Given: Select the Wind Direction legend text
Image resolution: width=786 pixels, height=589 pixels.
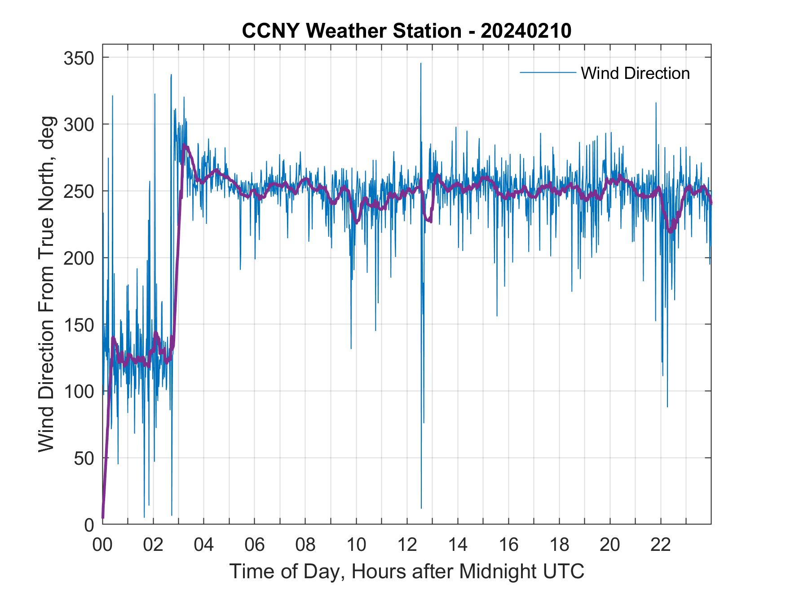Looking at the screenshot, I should point(635,73).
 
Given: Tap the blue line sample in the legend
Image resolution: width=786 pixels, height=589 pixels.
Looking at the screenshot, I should point(548,73).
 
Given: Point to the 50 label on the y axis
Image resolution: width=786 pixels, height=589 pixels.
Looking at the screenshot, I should point(84,458).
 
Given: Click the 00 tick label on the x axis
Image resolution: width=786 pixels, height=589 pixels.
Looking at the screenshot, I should point(102,545).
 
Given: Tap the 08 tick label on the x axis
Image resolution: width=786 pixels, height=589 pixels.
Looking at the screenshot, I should point(305,545).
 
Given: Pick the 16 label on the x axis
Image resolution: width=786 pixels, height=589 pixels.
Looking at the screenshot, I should point(508,545).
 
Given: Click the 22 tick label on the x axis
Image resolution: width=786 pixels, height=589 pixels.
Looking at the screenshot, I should point(661,545).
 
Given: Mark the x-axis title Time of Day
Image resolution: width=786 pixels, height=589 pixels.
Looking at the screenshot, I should point(406,571).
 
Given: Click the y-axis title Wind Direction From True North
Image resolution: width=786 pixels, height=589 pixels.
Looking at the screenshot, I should point(46,284).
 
